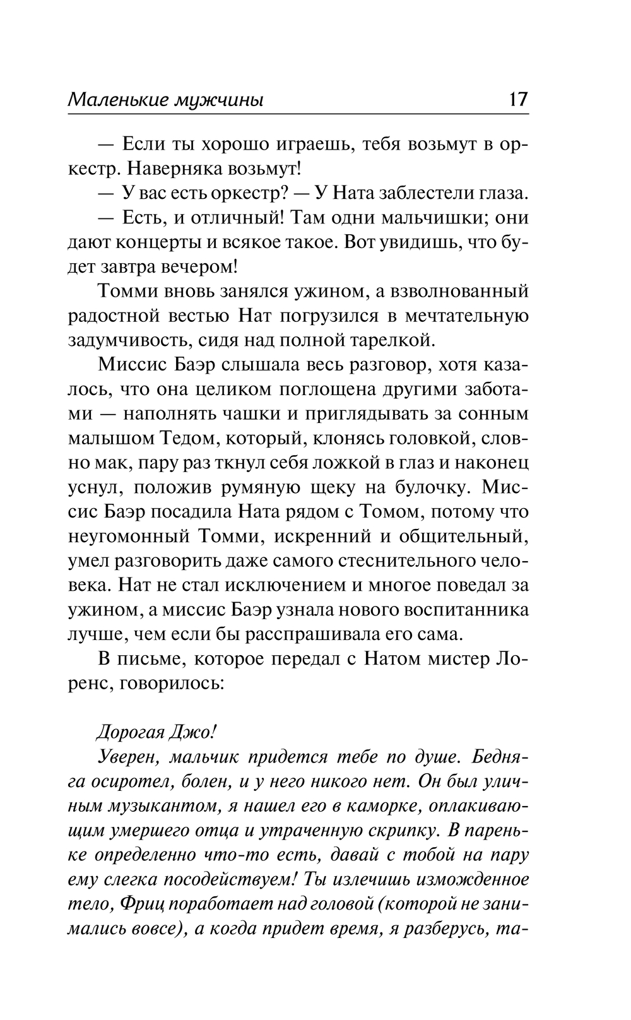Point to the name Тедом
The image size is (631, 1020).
pos(181,439)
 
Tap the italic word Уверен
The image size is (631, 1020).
pos(130,757)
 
